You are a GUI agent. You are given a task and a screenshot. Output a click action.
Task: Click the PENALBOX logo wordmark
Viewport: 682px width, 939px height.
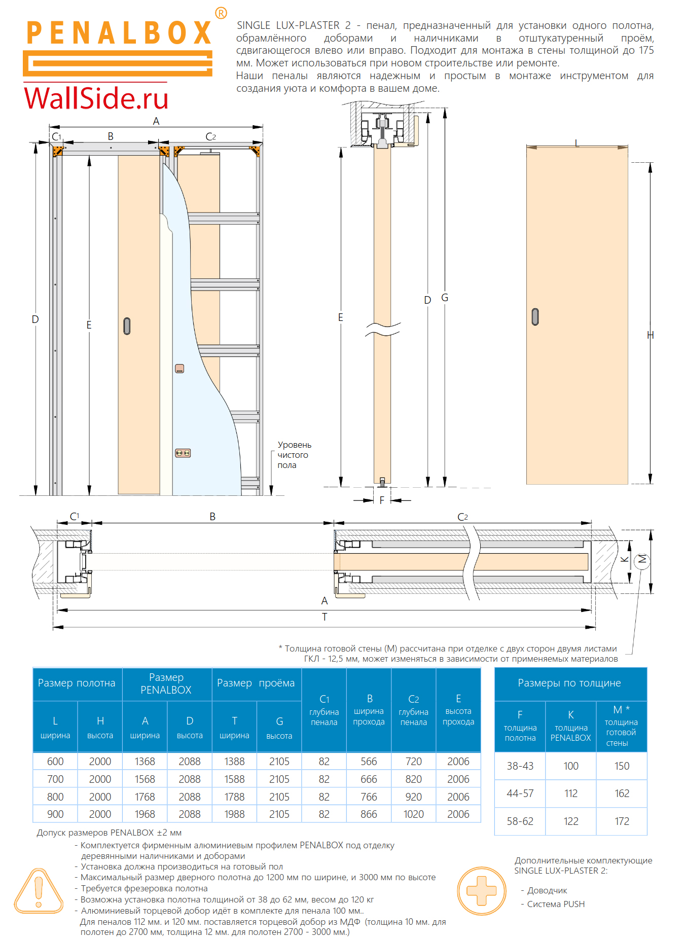coord(119,33)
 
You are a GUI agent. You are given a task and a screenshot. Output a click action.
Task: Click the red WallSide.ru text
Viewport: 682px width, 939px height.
coord(96,98)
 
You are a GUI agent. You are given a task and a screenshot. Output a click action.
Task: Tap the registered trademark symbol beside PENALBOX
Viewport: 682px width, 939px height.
coord(221,13)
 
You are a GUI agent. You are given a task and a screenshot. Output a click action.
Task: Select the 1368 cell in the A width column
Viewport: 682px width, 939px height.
coord(145,761)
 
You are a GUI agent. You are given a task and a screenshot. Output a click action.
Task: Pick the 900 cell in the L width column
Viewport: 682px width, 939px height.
coord(55,814)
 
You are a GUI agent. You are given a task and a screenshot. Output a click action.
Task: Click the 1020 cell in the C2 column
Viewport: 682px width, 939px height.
coord(413,814)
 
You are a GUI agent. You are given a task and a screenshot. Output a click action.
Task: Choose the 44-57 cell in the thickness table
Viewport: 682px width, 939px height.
coord(520,793)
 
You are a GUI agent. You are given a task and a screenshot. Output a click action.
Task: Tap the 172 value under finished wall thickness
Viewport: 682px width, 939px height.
coord(622,821)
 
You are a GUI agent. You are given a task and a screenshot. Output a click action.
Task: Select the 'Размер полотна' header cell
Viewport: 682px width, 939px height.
coord(77,683)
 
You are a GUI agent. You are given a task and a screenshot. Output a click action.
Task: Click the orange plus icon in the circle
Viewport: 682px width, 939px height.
coord(481,890)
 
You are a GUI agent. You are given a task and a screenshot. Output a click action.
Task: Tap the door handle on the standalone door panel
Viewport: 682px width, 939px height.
coord(535,317)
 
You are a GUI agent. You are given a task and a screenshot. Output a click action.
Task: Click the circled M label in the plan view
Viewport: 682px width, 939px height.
coord(642,559)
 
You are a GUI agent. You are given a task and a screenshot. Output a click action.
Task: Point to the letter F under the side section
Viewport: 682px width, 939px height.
coord(382,500)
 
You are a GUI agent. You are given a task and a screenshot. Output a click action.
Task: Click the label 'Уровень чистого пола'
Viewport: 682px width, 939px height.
coord(294,455)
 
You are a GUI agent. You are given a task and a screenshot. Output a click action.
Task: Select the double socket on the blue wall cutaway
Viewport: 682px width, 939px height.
coord(183,453)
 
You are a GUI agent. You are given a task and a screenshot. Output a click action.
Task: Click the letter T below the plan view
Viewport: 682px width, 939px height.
coord(325,617)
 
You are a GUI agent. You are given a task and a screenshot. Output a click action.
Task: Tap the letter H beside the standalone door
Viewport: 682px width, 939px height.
coord(651,335)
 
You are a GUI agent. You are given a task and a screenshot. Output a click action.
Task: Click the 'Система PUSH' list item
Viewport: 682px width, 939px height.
coord(555,904)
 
